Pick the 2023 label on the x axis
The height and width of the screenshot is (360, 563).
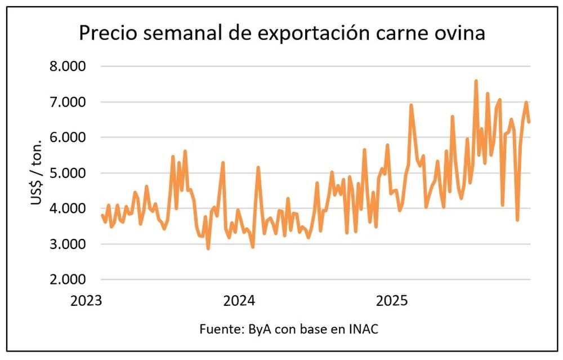coord(86,300)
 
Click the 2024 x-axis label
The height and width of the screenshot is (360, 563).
coord(239,300)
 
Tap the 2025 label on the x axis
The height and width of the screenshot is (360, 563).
coord(392,300)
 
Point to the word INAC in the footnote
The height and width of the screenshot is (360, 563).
coord(364,329)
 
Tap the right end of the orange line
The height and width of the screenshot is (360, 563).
coord(529,121)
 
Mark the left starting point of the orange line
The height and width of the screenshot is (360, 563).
coord(102,215)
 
